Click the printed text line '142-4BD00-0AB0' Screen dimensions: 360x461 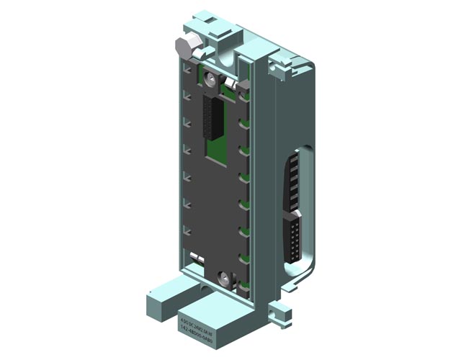[x=199, y=323]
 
